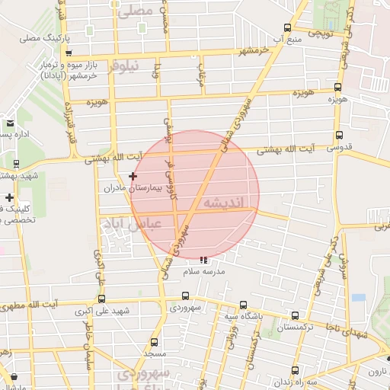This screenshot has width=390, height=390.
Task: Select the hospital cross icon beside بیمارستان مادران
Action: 133,176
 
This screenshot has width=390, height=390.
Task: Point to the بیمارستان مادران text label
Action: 123,187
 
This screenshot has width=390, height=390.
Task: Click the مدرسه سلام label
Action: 202,270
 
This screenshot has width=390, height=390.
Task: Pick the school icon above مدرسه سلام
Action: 202,260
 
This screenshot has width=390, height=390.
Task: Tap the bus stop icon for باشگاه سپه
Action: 243,305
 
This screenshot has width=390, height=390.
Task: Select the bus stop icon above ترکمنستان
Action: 295,316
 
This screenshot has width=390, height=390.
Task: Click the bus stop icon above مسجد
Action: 155,342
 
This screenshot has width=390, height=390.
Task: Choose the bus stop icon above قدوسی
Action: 338,136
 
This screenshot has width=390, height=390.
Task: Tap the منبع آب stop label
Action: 290,37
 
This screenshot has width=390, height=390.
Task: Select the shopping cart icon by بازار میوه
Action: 69,53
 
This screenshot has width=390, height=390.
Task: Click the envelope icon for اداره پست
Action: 10,123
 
